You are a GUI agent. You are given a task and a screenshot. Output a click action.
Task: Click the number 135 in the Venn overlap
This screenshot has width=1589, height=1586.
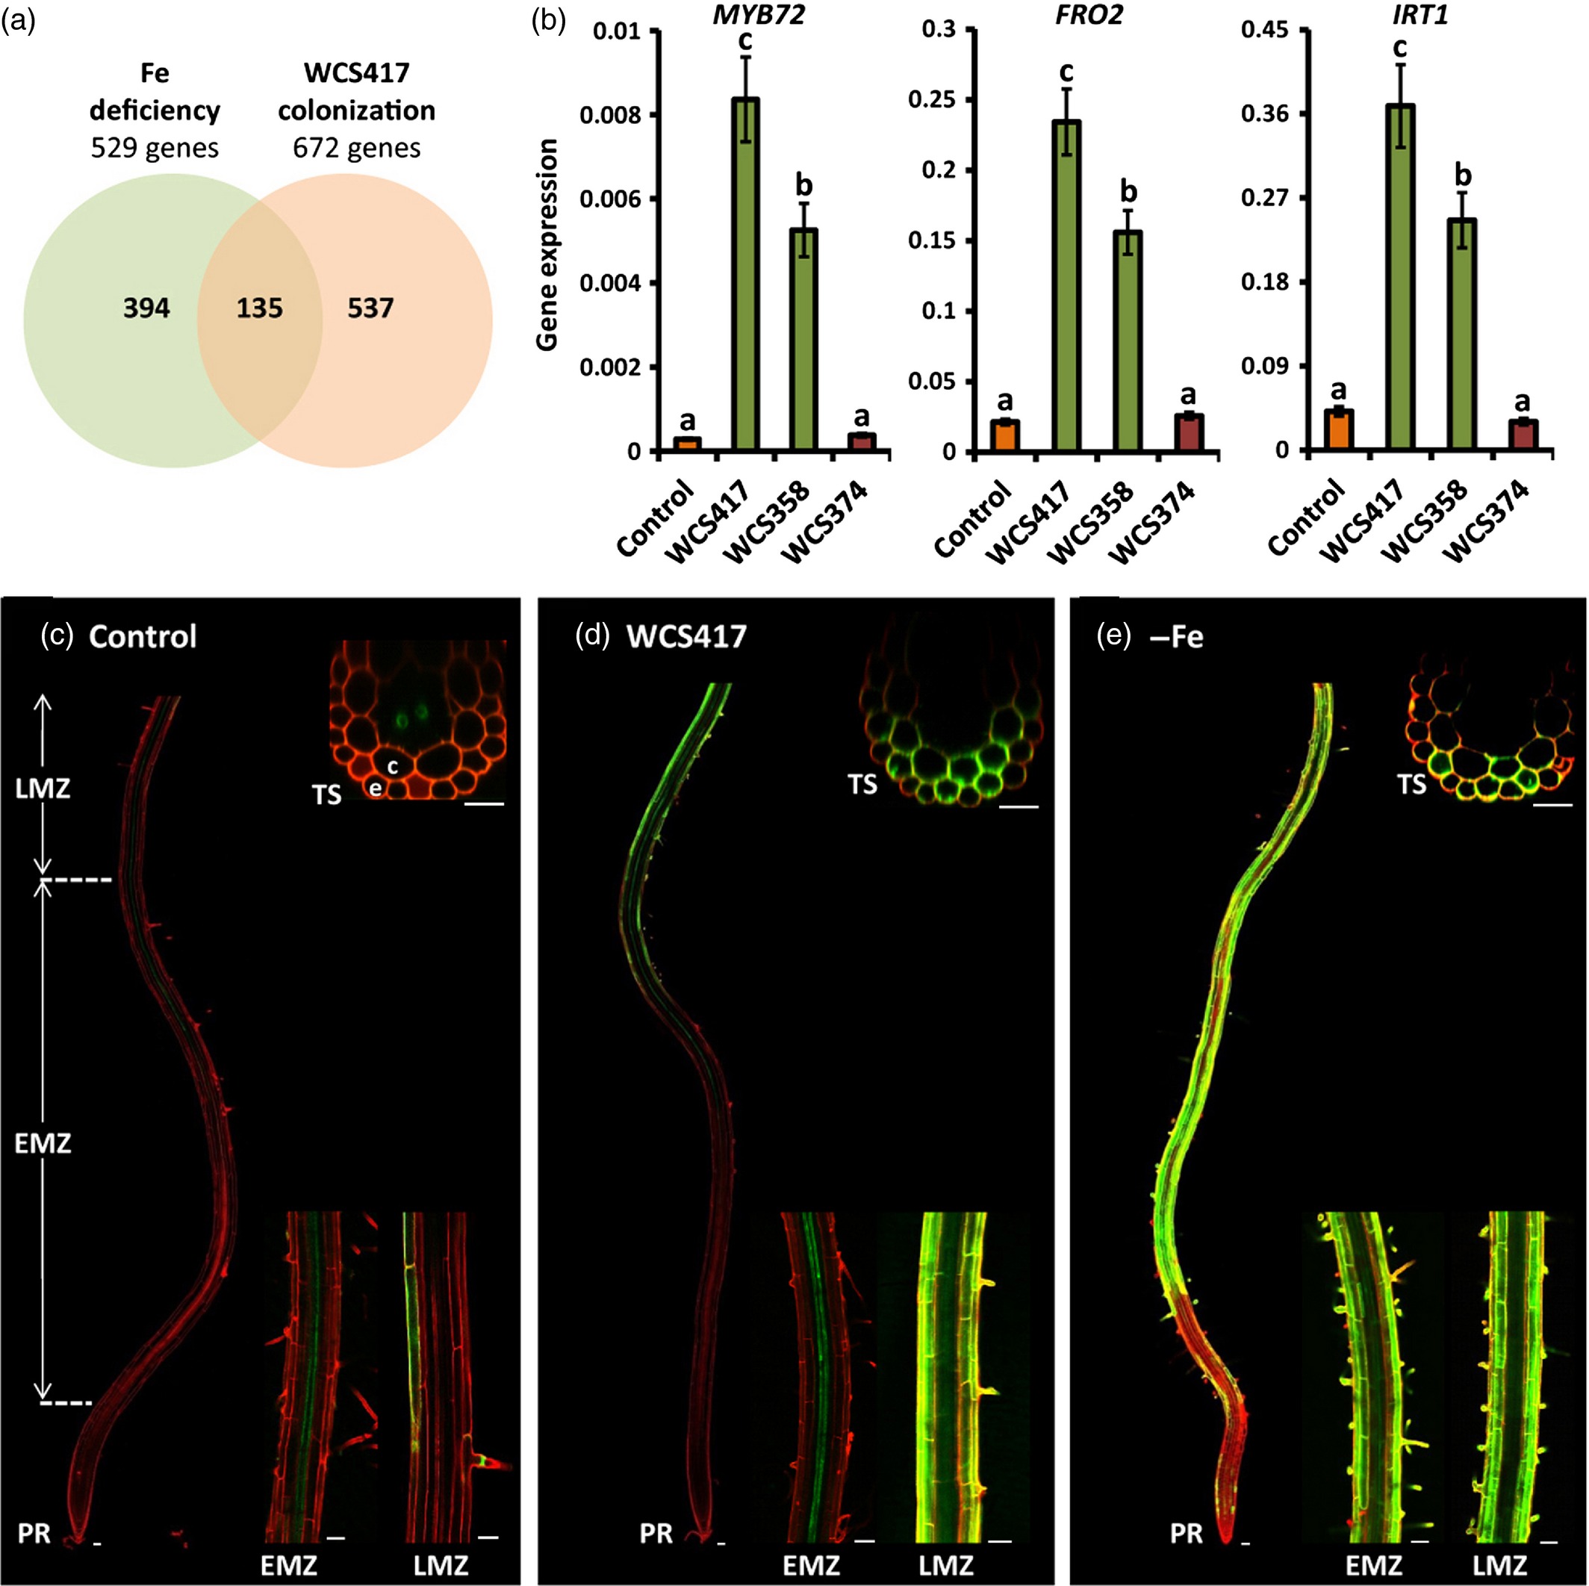tap(259, 308)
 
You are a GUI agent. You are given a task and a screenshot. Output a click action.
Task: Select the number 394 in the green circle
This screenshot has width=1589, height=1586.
tap(146, 308)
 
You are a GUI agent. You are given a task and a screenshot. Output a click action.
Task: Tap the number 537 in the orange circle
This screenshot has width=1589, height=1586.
tap(370, 308)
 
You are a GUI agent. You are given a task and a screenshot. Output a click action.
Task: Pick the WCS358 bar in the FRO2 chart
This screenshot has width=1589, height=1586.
tap(1128, 340)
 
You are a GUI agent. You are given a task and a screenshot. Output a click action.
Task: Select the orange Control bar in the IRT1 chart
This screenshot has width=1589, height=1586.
tap(1339, 429)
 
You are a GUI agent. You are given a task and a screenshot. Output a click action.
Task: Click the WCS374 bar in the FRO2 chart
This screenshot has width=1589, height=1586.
tap(1189, 432)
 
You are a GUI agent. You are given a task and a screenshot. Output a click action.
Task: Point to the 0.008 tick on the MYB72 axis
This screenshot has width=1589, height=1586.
tap(609, 115)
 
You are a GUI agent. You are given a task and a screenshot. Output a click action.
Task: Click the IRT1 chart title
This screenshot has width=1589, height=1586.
tap(1419, 15)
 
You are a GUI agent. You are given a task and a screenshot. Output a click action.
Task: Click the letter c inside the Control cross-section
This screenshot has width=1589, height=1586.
tap(393, 766)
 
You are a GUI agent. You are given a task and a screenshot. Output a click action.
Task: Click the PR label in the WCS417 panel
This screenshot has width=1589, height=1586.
tap(656, 1532)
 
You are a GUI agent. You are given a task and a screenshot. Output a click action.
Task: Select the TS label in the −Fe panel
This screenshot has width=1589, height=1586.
tap(1412, 785)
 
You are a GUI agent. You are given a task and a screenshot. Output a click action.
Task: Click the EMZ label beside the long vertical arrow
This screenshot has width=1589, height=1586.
tap(43, 1142)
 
